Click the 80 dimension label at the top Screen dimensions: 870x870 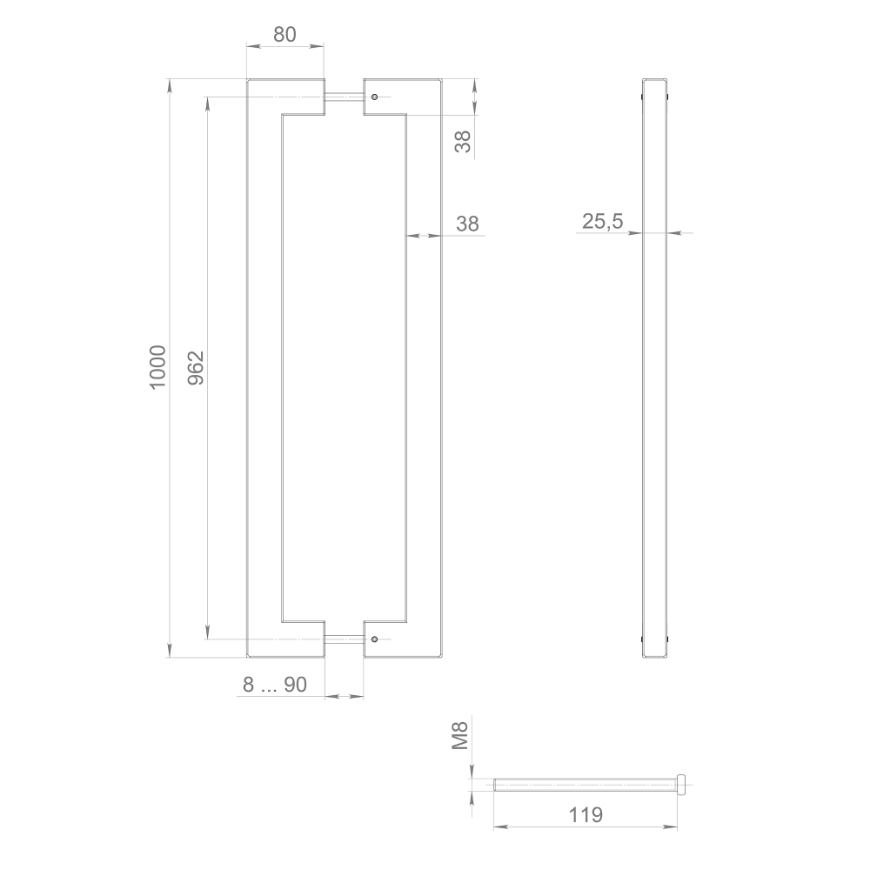tap(284, 34)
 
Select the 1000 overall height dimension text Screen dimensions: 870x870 tap(157, 366)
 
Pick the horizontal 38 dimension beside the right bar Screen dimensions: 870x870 tap(467, 224)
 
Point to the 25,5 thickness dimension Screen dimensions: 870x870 tap(602, 222)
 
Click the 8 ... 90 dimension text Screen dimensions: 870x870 tap(274, 686)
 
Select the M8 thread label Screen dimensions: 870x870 tap(461, 736)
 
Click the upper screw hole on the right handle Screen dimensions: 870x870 tap(374, 97)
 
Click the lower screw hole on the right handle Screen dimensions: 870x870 tap(374, 639)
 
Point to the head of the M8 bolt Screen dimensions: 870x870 tap(681, 784)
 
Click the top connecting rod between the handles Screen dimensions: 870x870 tap(344, 97)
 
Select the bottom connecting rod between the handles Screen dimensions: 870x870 tap(344, 639)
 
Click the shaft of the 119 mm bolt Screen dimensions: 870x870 tap(583, 784)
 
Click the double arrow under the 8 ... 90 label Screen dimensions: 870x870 tap(344, 696)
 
